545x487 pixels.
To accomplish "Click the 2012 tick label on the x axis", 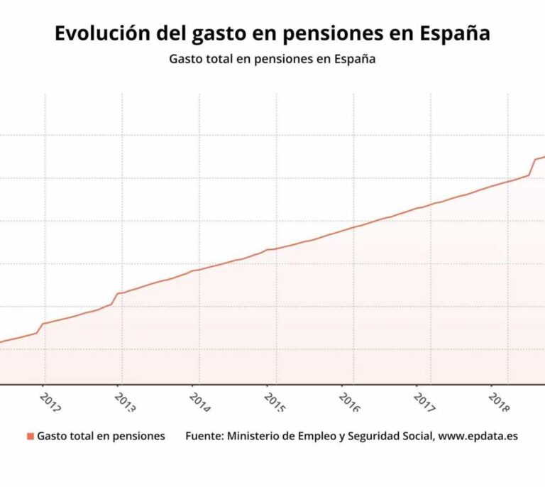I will point(51,403).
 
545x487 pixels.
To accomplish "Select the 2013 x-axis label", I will point(126,403).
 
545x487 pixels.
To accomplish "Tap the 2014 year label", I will point(200,403).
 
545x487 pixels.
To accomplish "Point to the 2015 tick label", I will point(275,403).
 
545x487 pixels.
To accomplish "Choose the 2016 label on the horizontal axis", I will point(350,403).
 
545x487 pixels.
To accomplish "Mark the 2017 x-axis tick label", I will point(424,403).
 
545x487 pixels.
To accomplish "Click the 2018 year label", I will point(500,403).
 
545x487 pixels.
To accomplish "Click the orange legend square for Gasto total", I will point(30,436).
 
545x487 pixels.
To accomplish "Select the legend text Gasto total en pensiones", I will point(101,436).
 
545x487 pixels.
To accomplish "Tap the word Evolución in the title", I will point(97,33).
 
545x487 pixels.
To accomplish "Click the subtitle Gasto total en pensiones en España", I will point(272,60).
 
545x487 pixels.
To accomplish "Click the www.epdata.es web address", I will point(478,436).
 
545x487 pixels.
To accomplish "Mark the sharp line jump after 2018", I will point(532,167).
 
